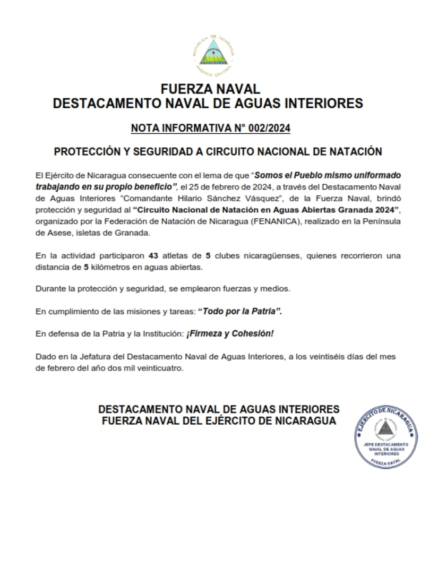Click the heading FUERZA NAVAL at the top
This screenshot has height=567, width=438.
point(210,89)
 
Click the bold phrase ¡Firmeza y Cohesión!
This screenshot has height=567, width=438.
point(229,333)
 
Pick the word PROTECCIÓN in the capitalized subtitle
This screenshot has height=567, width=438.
point(88,151)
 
